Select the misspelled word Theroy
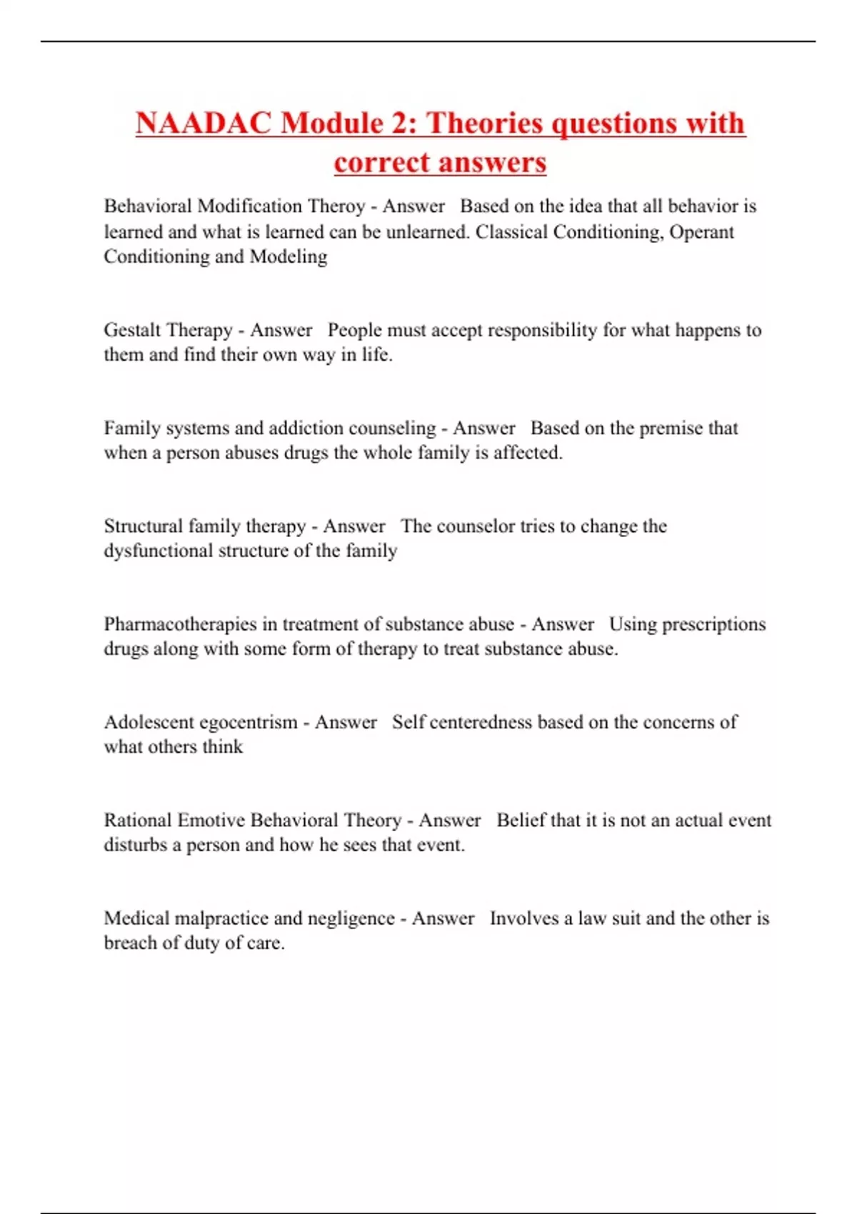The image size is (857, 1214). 336,206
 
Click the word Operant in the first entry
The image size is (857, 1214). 701,232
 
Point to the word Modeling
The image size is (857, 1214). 289,256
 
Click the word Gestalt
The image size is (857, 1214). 132,330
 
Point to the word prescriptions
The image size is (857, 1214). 713,624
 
